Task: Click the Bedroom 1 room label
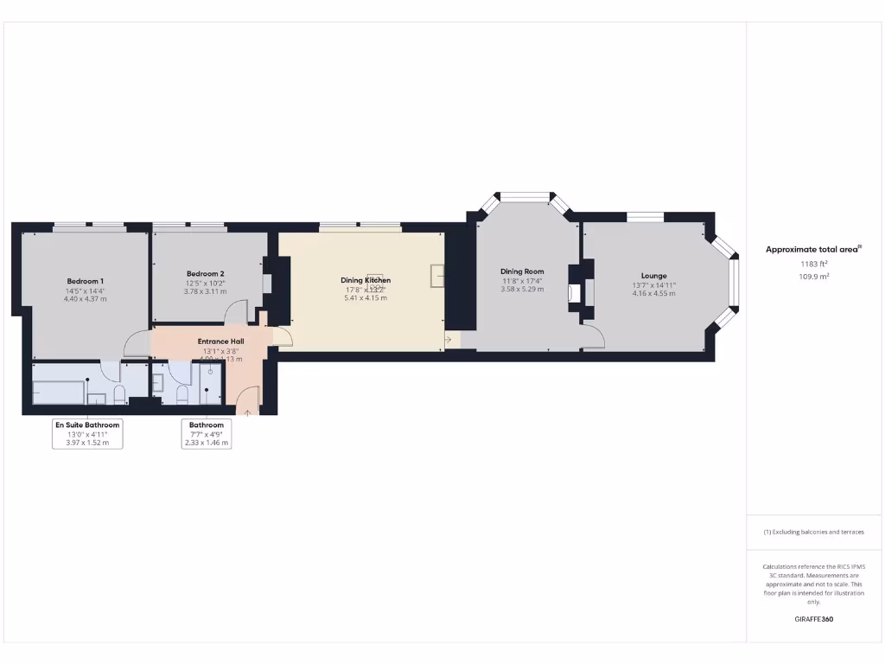point(86,281)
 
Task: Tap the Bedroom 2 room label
point(205,273)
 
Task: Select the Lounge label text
point(653,276)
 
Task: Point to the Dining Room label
point(522,271)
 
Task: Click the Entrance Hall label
point(220,342)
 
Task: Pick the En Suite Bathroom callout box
point(87,433)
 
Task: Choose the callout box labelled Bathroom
point(207,433)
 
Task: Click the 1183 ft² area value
point(812,263)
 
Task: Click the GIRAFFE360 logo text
point(813,619)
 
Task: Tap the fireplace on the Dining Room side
point(573,291)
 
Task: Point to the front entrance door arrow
point(248,412)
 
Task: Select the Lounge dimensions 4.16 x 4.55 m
point(653,294)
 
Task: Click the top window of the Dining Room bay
point(526,196)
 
